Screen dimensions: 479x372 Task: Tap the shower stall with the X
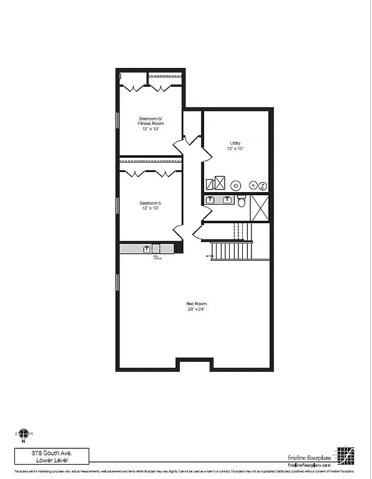coord(259,207)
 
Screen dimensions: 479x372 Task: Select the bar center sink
coord(148,248)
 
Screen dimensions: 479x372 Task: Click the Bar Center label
coord(157,256)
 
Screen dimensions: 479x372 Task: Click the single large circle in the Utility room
coord(237,185)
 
